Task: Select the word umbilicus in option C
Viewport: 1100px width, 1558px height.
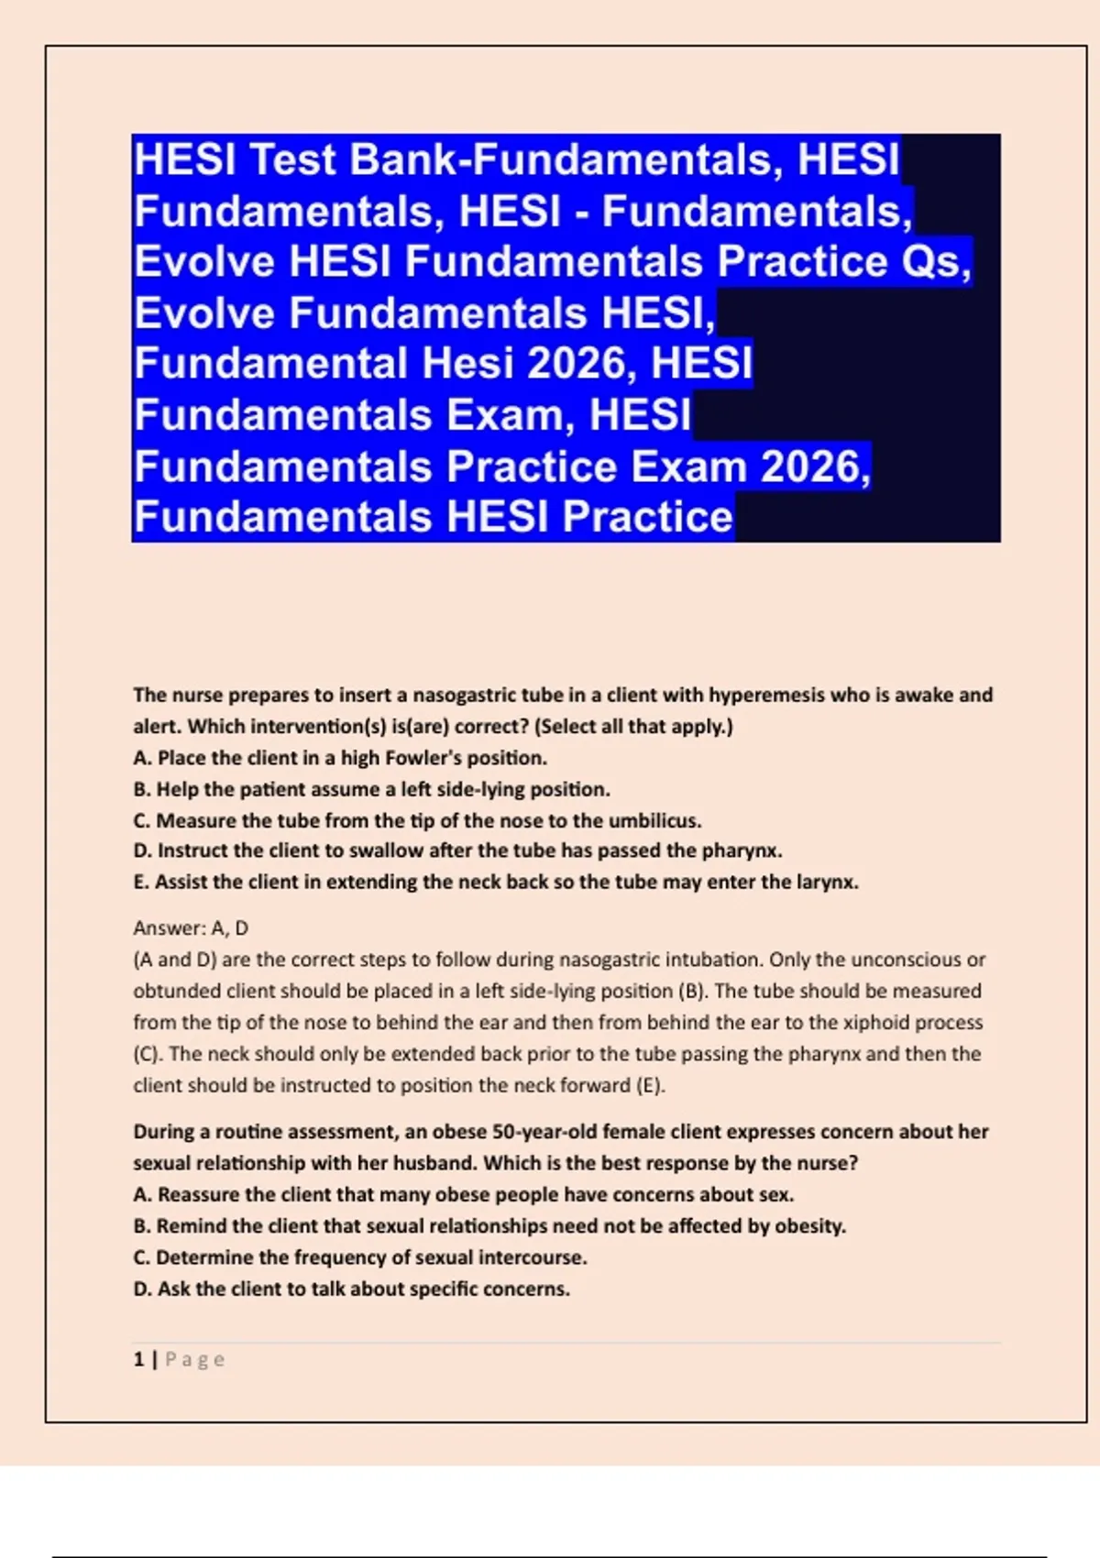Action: click(658, 820)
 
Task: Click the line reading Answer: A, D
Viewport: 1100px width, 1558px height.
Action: click(191, 928)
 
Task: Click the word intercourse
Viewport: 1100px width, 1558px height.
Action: click(535, 1257)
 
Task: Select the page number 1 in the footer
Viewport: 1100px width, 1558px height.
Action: click(138, 1359)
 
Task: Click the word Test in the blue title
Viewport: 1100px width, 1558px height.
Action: click(292, 159)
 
